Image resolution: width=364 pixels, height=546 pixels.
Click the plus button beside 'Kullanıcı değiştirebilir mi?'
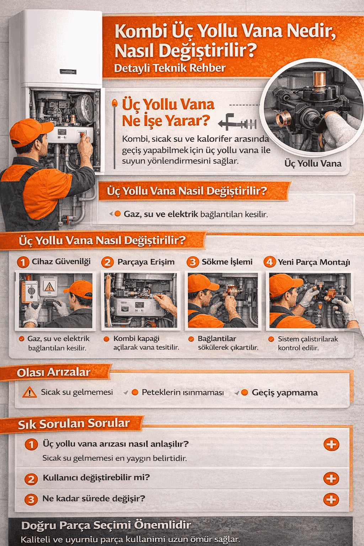331,478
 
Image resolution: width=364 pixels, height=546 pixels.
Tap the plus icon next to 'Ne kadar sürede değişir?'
331,499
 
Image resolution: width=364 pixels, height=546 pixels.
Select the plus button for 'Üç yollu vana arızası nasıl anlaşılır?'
331,444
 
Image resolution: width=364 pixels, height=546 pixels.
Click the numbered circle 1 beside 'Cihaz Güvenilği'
23,262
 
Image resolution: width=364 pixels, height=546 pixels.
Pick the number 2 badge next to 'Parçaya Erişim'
107,262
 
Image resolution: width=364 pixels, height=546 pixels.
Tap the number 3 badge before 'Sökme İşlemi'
193,262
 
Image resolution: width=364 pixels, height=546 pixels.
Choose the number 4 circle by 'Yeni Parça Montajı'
270,262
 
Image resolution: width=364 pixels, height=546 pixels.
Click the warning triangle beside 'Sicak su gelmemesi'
30,392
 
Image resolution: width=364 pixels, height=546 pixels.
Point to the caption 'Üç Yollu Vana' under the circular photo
313,163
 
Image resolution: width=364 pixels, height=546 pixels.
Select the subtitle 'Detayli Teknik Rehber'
170,68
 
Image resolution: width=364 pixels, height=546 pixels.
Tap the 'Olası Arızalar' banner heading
53,373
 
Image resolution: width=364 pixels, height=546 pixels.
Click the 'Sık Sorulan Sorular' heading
74,424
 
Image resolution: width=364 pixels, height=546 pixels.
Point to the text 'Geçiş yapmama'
285,393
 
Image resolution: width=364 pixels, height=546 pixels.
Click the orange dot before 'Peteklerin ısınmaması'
135,392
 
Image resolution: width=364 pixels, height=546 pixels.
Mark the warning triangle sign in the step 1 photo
49,286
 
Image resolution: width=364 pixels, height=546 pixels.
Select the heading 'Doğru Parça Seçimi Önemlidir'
106,525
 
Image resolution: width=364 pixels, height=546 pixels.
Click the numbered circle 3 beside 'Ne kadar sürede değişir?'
31,499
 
